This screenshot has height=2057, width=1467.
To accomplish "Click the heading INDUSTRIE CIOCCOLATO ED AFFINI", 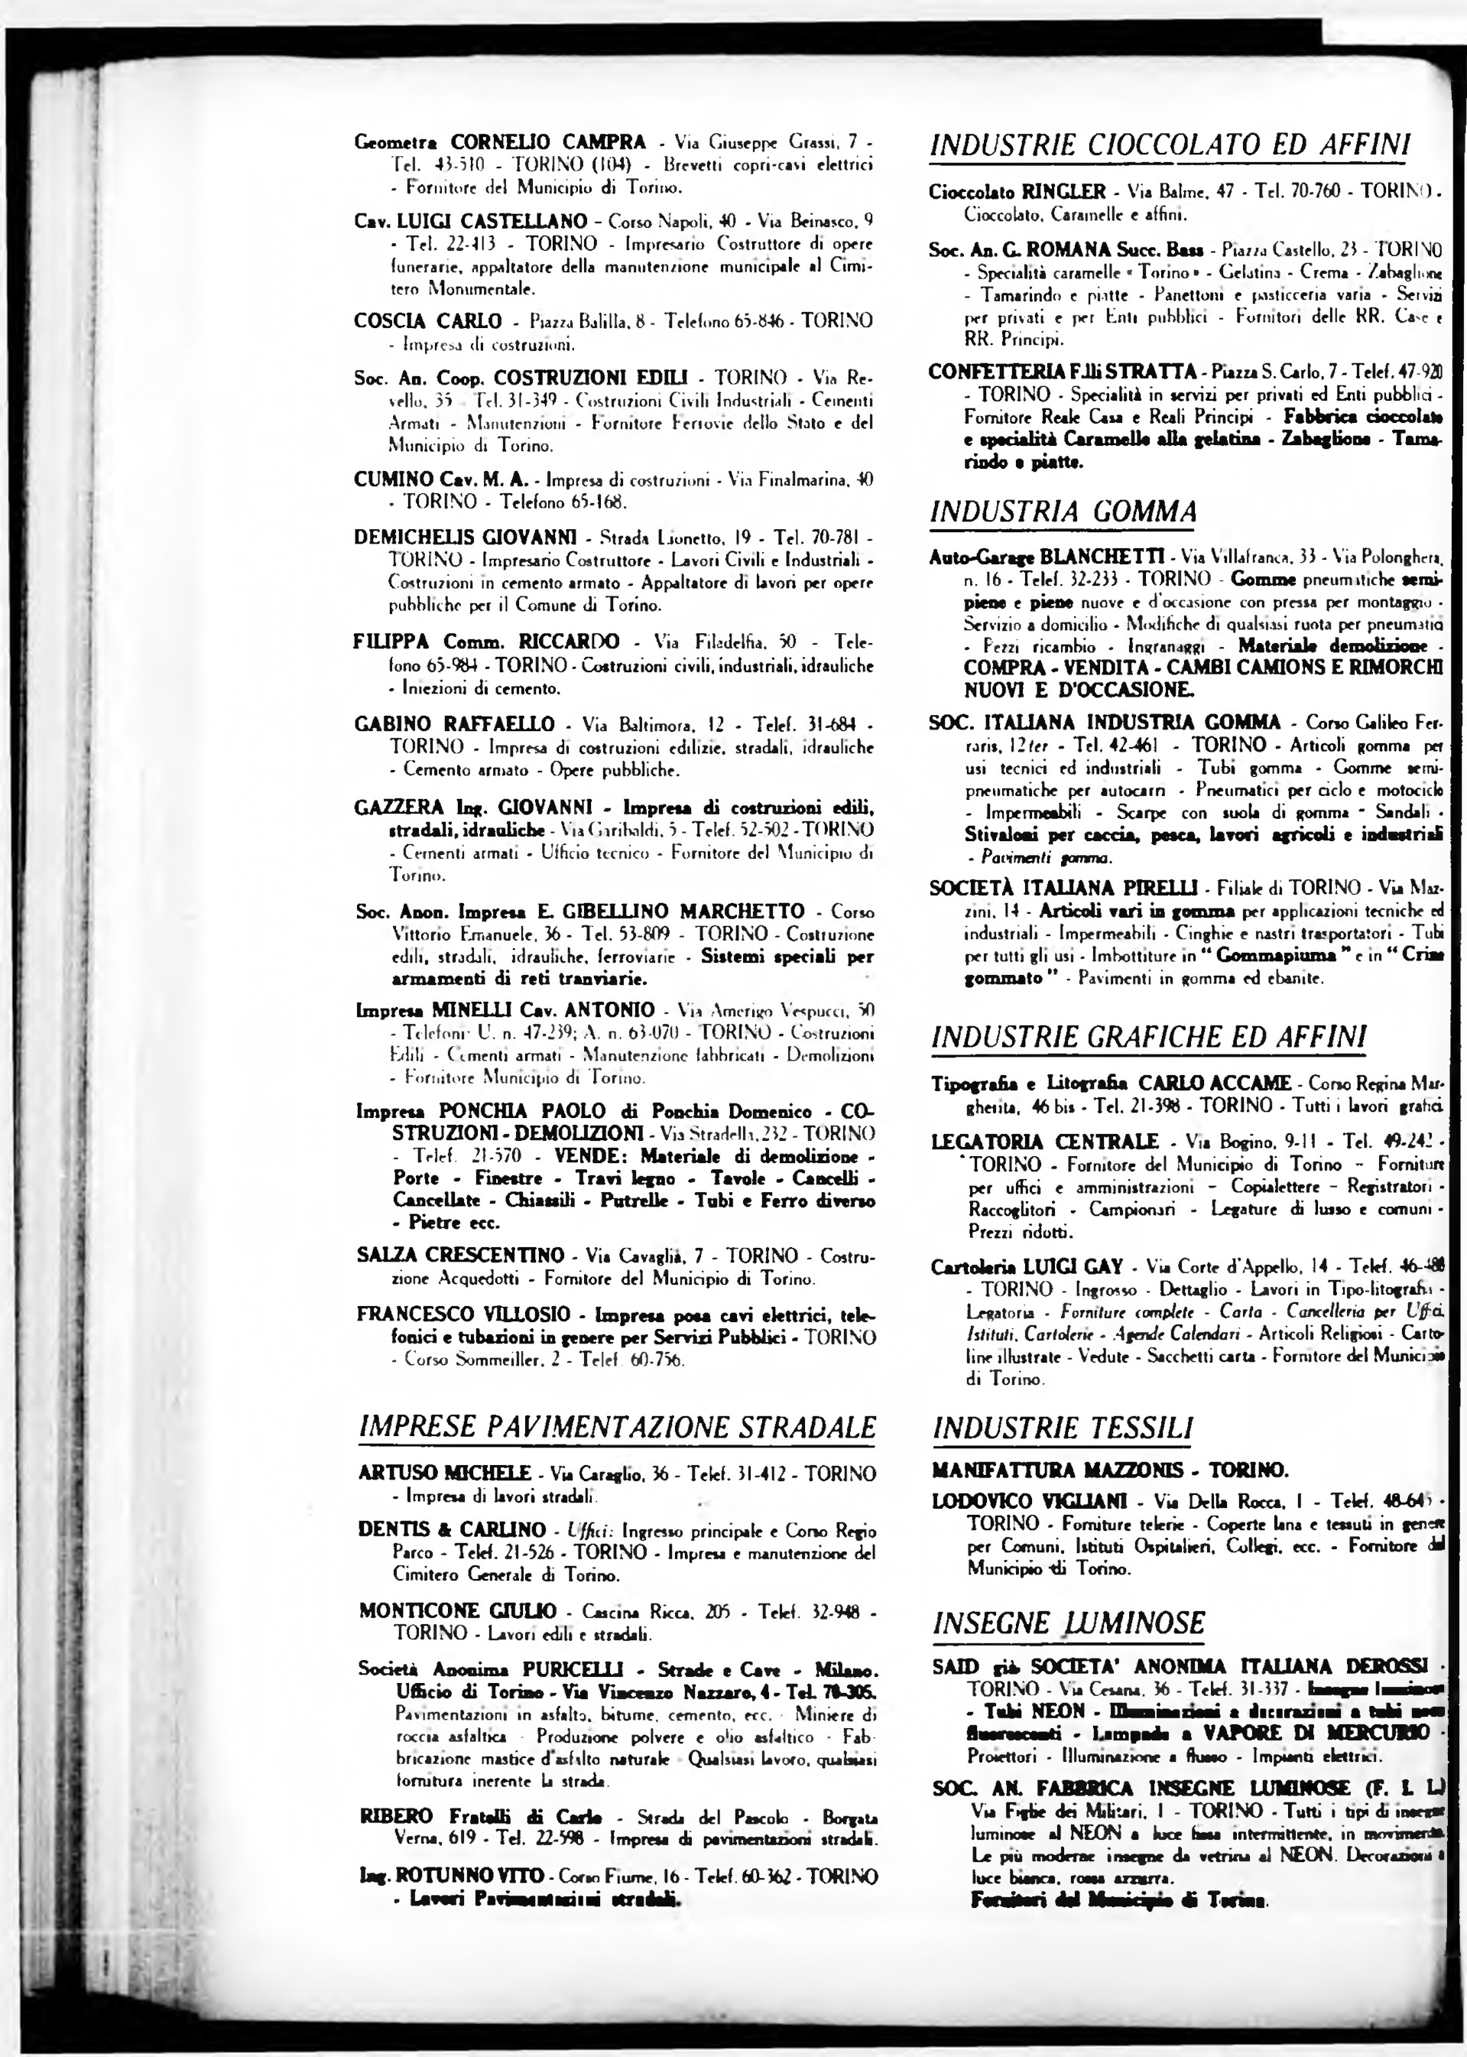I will [1169, 145].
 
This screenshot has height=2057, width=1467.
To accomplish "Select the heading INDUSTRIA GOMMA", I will [1063, 512].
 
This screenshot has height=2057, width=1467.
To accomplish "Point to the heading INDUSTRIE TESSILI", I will [1063, 1428].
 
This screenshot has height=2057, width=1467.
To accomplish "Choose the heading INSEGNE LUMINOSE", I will [1069, 1623].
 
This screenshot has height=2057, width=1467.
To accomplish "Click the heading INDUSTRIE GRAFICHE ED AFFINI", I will [1149, 1036].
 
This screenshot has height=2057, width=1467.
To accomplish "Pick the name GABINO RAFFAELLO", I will [454, 723].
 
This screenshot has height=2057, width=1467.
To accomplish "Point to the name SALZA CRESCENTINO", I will [461, 1255].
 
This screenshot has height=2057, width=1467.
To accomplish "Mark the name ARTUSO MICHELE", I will [444, 1473].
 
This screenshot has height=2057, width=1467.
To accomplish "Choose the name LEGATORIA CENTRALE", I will [1044, 1141].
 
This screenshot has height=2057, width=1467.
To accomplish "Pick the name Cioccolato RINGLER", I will [1017, 191].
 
